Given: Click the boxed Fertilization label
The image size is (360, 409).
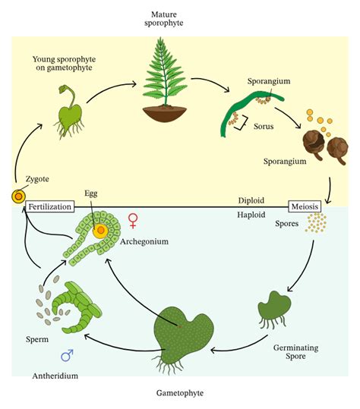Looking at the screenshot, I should [x=50, y=206].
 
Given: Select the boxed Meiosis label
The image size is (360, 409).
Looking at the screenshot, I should [x=305, y=206].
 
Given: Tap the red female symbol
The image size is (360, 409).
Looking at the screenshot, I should [x=134, y=221].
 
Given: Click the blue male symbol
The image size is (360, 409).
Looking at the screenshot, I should [x=66, y=354].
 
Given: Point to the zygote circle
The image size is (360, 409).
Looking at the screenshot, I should [x=17, y=197].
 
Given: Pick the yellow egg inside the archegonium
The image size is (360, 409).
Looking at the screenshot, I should [x=100, y=228].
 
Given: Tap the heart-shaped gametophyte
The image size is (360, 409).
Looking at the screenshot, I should [x=185, y=333].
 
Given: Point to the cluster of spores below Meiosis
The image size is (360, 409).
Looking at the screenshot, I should [x=316, y=223].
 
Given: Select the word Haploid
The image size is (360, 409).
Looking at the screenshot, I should [x=251, y=216].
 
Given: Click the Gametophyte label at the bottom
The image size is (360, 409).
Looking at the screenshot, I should [x=179, y=392].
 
